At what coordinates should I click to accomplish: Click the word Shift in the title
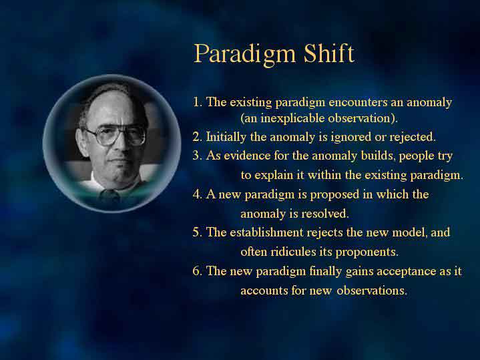click(329, 53)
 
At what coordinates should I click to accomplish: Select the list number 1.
click(197, 102)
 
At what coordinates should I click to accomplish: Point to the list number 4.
click(197, 194)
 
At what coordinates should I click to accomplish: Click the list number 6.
click(197, 271)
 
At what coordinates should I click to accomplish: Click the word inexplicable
click(292, 119)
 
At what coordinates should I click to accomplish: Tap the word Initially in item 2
click(226, 137)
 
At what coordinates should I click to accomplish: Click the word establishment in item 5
click(266, 232)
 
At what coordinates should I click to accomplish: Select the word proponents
click(367, 252)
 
